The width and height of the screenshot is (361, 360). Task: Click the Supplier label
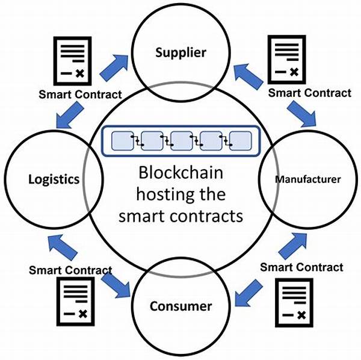click(x=180, y=52)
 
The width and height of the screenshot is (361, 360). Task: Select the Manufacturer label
click(x=309, y=179)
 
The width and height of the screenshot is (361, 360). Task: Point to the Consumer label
click(x=180, y=306)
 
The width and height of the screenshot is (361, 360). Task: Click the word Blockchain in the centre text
click(x=180, y=173)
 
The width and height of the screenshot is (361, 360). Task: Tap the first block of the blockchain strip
click(x=123, y=140)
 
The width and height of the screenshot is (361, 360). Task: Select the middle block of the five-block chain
click(x=180, y=140)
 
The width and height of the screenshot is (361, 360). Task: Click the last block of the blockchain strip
click(x=239, y=140)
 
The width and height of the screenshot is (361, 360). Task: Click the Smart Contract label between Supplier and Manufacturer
click(x=309, y=93)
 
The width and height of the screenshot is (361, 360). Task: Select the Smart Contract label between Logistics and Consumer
click(x=70, y=270)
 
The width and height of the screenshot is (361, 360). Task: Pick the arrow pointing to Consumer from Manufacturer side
click(x=248, y=294)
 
